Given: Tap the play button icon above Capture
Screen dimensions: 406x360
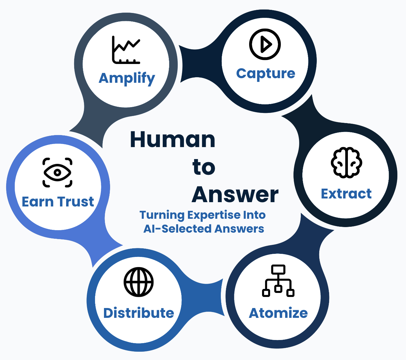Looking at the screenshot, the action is pos(265,44).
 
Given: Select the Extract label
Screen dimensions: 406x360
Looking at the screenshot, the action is pos(346,194).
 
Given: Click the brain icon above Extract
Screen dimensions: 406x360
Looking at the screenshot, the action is pos(346,162).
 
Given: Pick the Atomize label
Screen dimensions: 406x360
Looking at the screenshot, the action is pos(278,313).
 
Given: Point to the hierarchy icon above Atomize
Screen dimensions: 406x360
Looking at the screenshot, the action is pos(278,281).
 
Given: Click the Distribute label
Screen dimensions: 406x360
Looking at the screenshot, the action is pos(139,313).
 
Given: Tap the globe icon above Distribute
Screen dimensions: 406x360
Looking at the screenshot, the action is pos(139,282).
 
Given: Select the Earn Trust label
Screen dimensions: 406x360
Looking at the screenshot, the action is pos(58,202).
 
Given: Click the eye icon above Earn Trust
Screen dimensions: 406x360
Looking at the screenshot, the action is pos(57,173).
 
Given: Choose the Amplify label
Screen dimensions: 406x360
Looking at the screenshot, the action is pos(127,78).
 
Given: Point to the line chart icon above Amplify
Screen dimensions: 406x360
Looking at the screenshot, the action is pos(126,50).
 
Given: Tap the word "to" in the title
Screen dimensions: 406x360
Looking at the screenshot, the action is pos(204,167).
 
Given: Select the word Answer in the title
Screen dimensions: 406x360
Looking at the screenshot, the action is pos(235,194).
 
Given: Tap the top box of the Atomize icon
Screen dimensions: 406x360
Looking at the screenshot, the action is pos(278,270).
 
